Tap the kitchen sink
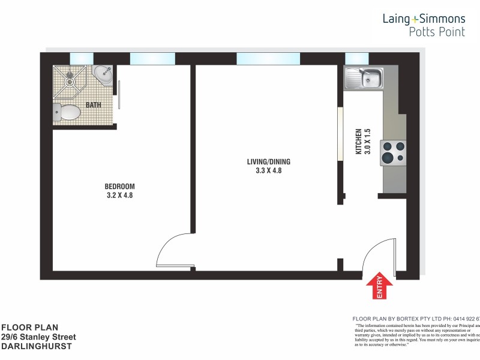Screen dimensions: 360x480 pos(364,79)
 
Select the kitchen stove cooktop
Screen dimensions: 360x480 pos(393,152)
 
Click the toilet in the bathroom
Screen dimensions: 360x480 pos(67,112)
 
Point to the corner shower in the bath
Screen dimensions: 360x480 pos(71,82)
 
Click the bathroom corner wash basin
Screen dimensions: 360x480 pos(104,76)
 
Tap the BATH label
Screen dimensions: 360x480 pos(94,105)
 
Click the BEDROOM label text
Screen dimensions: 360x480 pos(119,186)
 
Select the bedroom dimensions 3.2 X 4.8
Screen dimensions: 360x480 pos(119,195)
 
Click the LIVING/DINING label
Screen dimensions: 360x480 pos(264,161)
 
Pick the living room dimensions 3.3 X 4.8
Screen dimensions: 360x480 pos(264,171)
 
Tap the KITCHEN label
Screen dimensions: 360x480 pos(359,142)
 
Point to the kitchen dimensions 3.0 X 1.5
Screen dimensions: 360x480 pos(368,142)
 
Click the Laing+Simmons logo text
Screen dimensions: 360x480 pos(424,19)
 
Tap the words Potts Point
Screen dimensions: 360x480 pos(436,32)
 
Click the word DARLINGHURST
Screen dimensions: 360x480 pos(37,346)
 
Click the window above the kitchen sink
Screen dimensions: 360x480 pos(356,58)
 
